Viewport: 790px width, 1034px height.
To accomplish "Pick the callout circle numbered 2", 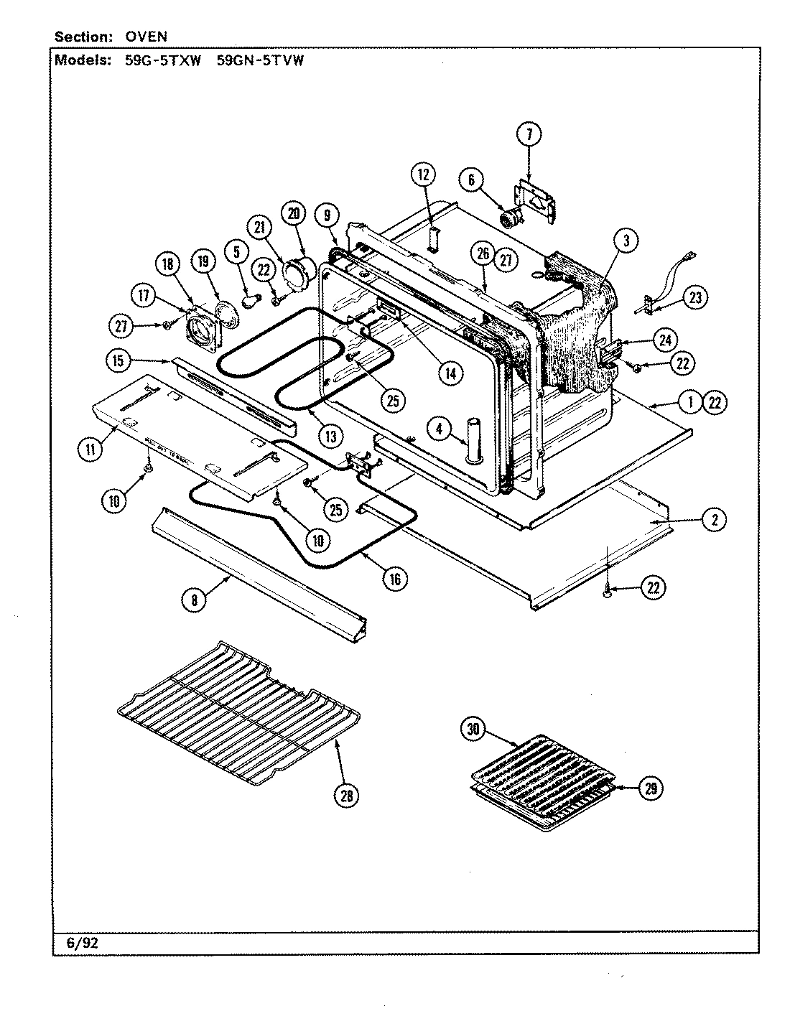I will click(713, 521).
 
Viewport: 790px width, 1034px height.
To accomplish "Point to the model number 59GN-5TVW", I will click(260, 61).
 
